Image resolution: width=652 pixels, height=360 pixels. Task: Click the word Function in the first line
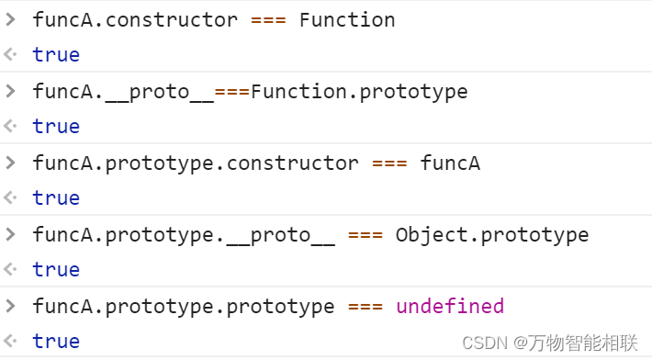click(x=347, y=19)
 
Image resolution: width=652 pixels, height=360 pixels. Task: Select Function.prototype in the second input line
click(x=359, y=91)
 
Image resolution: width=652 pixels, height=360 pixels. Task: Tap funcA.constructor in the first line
click(x=135, y=19)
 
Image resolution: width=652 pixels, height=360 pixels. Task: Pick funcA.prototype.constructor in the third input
click(x=196, y=163)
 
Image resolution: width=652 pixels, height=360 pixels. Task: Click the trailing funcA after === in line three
click(x=450, y=163)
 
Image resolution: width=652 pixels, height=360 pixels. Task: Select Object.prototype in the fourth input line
click(x=492, y=234)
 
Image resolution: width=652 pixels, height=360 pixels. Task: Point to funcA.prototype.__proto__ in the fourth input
click(x=184, y=234)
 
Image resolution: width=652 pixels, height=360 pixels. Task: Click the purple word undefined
click(x=450, y=306)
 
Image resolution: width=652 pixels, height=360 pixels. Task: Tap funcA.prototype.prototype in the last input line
click(x=184, y=306)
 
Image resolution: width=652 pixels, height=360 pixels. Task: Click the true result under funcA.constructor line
click(x=56, y=54)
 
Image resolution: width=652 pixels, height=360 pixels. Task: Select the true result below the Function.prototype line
click(x=56, y=126)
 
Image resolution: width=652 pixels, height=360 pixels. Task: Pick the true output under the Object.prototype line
click(x=56, y=269)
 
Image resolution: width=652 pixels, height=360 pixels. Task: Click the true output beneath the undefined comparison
click(x=56, y=341)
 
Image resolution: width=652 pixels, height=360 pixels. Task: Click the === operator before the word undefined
click(x=365, y=306)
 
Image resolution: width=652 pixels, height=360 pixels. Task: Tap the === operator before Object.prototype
click(x=365, y=234)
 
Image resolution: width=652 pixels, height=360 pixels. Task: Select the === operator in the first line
click(x=269, y=19)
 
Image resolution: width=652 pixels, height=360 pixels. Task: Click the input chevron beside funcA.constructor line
click(x=10, y=19)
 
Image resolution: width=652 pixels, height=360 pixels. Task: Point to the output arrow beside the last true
click(x=10, y=341)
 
